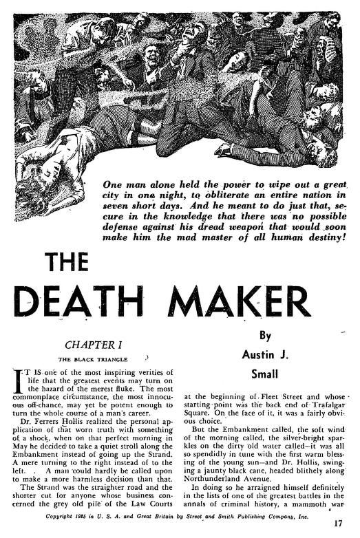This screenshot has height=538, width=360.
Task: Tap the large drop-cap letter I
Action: (x=19, y=379)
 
